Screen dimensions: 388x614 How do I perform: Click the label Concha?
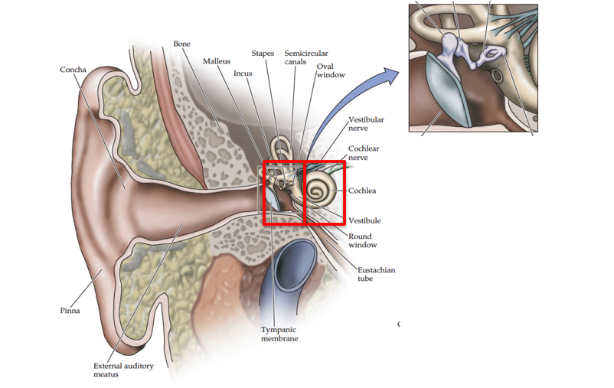tap(73, 70)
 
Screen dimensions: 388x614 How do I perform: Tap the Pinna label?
tap(70, 311)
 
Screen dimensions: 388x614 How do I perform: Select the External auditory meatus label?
tap(123, 370)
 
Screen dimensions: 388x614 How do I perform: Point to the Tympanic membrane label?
tap(279, 334)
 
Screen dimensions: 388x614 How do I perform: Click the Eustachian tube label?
tap(376, 274)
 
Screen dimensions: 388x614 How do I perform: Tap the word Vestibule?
tap(364, 221)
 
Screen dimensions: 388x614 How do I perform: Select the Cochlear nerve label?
tap(364, 153)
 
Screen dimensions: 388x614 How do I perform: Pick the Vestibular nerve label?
tap(366, 124)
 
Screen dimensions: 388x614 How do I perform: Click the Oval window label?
tap(331, 70)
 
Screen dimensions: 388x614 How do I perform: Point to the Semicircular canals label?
tap(306, 57)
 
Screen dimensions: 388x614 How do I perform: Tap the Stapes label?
tap(263, 54)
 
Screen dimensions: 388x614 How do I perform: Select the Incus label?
tap(243, 73)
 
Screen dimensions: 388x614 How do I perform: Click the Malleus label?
tap(217, 61)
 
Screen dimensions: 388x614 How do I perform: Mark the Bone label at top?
tap(181, 44)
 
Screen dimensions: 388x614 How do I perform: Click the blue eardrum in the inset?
tap(449, 88)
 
